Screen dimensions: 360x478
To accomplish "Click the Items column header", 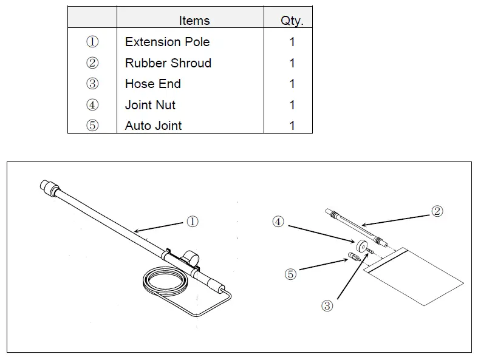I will pyautogui.click(x=194, y=21).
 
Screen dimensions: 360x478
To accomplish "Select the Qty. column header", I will pyautogui.click(x=292, y=21).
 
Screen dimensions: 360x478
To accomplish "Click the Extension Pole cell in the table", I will pyautogui.click(x=167, y=42).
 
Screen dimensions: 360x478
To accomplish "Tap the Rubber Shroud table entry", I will pyautogui.click(x=168, y=63).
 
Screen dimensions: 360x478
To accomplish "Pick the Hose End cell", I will pyautogui.click(x=152, y=84).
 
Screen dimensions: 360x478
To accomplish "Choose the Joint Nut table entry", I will pyautogui.click(x=150, y=105).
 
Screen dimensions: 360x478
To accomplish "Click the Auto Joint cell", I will pyautogui.click(x=153, y=126).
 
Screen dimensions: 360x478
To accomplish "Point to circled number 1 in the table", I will pyautogui.click(x=92, y=42).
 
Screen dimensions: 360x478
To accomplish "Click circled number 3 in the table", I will pyautogui.click(x=92, y=84).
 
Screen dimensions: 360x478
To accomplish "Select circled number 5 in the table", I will pyautogui.click(x=92, y=126).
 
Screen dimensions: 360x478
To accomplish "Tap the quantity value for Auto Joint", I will pyautogui.click(x=292, y=126).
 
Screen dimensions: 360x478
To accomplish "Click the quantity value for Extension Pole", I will pyautogui.click(x=292, y=42).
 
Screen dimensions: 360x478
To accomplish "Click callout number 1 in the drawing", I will pyautogui.click(x=192, y=222).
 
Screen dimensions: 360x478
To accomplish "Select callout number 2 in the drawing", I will pyautogui.click(x=437, y=211).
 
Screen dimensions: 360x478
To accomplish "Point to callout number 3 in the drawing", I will pyautogui.click(x=327, y=305).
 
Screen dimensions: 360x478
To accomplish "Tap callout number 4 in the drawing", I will pyautogui.click(x=278, y=222).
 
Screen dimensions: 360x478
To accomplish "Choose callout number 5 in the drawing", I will pyautogui.click(x=290, y=274).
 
